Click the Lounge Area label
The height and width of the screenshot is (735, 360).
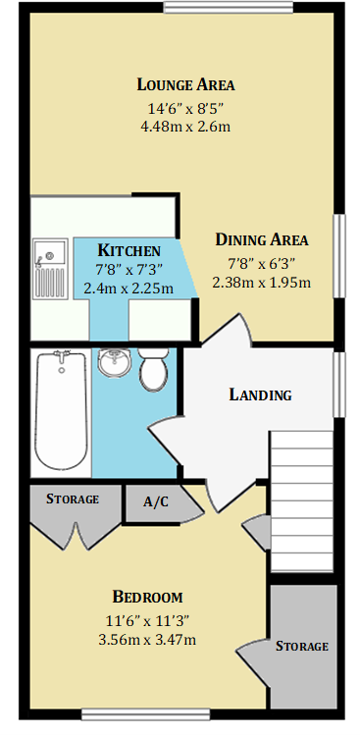(185, 83)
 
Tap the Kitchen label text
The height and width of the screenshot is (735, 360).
(129, 250)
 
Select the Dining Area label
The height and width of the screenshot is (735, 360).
(262, 239)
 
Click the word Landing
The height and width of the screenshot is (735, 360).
(260, 395)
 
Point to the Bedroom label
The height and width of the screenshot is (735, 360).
(147, 597)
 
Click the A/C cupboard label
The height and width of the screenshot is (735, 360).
(155, 501)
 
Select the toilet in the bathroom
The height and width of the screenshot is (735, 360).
(153, 371)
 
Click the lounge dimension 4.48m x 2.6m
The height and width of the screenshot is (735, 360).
(185, 127)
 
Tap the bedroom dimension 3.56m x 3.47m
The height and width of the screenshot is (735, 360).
(147, 640)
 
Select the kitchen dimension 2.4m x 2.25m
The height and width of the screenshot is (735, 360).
(129, 289)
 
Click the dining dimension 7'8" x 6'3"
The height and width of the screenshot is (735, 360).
(262, 262)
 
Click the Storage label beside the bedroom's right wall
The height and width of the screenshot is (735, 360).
(302, 646)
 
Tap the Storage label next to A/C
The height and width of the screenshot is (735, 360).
(73, 499)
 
